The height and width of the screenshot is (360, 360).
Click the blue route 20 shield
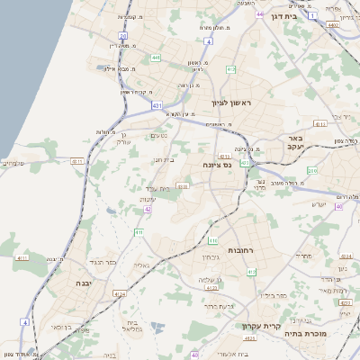(x=123, y=36)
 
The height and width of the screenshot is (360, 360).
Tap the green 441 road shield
(x=156, y=58)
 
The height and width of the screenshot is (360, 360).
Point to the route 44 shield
(x=259, y=14)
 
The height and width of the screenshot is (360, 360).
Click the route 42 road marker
(x=147, y=209)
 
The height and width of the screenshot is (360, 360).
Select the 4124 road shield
(x=120, y=293)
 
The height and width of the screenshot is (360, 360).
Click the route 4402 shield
(x=333, y=25)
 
